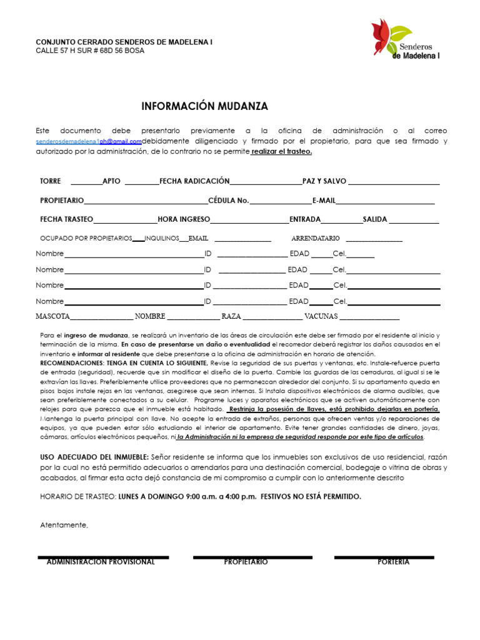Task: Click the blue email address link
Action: (x=89, y=141)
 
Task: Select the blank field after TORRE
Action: (x=86, y=181)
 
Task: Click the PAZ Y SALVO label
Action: (x=324, y=181)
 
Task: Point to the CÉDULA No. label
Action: (x=228, y=201)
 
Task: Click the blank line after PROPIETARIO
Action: (x=146, y=202)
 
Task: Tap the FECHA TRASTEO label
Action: (x=66, y=219)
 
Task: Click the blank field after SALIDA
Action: (x=415, y=221)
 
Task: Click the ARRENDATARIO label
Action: (x=316, y=238)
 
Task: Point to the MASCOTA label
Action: (x=53, y=316)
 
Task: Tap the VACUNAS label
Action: (x=321, y=316)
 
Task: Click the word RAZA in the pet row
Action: (x=231, y=316)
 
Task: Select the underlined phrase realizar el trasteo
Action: (x=281, y=151)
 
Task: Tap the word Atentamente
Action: (x=64, y=525)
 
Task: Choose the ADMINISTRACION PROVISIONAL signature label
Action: (x=101, y=562)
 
